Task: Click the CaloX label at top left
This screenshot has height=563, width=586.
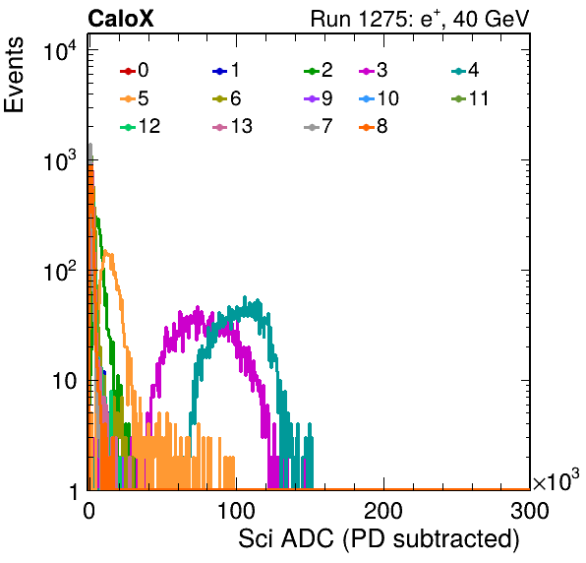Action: (121, 19)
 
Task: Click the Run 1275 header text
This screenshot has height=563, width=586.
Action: (420, 19)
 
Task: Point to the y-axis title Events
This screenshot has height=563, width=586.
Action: (14, 75)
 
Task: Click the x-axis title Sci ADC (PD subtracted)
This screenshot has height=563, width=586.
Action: (379, 539)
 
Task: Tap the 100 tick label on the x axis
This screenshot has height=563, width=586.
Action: (236, 511)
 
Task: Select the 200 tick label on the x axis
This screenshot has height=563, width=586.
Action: (383, 511)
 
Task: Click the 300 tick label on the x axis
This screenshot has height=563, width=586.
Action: (530, 511)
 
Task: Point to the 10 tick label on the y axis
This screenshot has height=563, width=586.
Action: (64, 382)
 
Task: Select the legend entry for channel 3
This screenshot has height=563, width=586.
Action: (374, 70)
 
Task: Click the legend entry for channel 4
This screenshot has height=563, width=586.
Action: (465, 70)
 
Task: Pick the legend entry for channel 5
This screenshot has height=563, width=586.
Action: (135, 98)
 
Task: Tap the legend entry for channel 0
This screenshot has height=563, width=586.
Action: (135, 70)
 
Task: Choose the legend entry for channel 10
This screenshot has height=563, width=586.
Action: (379, 98)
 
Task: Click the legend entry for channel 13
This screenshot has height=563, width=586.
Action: (232, 126)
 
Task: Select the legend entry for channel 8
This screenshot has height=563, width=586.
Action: (374, 126)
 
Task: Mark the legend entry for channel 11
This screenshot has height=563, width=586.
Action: (470, 98)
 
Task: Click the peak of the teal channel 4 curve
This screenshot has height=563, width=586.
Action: (245, 296)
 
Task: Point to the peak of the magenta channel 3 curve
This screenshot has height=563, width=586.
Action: (198, 307)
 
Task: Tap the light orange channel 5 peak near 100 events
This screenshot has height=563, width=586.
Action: (106, 251)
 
